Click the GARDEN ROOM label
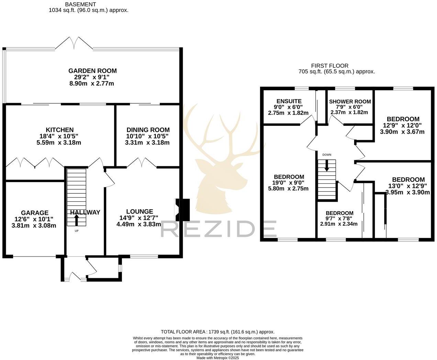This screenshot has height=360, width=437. pyautogui.click(x=92, y=71)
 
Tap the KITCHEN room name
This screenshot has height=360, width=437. pyautogui.click(x=60, y=130)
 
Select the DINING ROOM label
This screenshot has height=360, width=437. pyautogui.click(x=148, y=130)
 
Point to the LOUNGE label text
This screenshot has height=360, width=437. pyautogui.click(x=139, y=212)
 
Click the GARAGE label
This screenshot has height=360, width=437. pyautogui.click(x=34, y=213)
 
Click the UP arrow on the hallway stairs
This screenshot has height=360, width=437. pyautogui.click(x=76, y=220)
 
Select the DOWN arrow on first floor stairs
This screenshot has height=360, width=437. pyautogui.click(x=326, y=166)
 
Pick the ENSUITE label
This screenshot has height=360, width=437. pyautogui.click(x=289, y=101)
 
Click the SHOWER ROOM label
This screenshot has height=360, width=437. pyautogui.click(x=350, y=102)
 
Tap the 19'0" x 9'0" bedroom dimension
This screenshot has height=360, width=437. pyautogui.click(x=289, y=183)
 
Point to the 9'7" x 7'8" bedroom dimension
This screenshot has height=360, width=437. pyautogui.click(x=339, y=218)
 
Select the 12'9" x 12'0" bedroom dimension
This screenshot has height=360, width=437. pyautogui.click(x=402, y=126)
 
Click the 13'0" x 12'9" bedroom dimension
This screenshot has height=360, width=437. pyautogui.click(x=408, y=186)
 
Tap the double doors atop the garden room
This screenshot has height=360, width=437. pyautogui.click(x=74, y=44)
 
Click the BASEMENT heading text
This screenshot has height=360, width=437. pyautogui.click(x=80, y=4)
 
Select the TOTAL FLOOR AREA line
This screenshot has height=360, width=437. pyautogui.click(x=217, y=332)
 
